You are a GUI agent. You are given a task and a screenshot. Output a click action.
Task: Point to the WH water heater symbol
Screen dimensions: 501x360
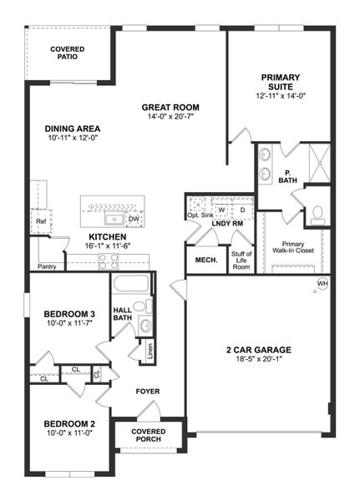coord(322,284)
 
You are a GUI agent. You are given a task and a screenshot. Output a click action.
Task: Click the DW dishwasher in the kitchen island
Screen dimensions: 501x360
coord(134,220)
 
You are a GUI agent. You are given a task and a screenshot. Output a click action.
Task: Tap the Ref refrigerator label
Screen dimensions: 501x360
coord(40,221)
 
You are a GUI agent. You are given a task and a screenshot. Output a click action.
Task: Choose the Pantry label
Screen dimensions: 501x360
coord(47,267)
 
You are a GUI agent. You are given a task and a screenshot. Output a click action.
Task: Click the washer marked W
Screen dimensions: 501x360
coord(222,210)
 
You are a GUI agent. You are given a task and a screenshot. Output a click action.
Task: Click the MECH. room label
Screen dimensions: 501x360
coord(206,260)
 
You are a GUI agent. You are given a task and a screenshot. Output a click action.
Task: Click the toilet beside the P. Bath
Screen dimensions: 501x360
coord(317,213)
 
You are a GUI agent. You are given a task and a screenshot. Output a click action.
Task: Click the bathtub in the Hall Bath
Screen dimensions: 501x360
coord(129,284)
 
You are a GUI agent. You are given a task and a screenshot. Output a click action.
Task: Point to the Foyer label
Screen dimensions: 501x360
coord(147,391)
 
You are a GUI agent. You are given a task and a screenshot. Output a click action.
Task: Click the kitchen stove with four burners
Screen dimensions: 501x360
coord(109,259)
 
